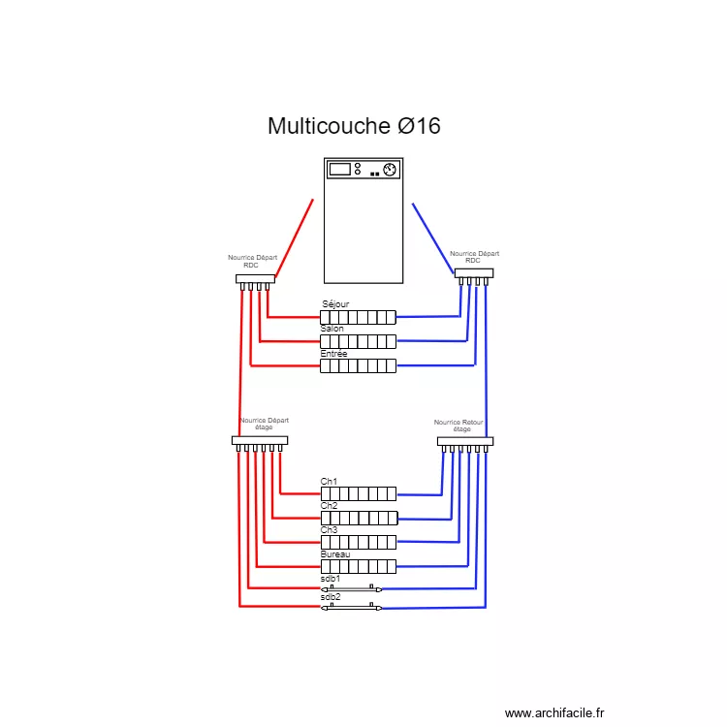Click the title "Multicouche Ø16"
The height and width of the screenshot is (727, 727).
point(354,126)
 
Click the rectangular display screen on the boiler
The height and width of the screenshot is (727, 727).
point(339,169)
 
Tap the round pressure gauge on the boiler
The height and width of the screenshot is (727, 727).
point(390,170)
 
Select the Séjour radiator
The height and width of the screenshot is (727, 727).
point(358,317)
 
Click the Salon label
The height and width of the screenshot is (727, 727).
point(332,329)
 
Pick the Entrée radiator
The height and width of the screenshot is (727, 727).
point(358,366)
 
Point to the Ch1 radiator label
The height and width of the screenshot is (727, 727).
point(329,482)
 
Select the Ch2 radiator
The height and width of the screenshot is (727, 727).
point(358,518)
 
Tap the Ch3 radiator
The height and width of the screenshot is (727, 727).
point(358,542)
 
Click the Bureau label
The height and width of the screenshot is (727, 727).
point(334,554)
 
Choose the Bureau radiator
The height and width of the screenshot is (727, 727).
point(358,566)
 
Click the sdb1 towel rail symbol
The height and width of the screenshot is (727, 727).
point(351,588)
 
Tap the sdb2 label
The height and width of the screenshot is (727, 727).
point(331,597)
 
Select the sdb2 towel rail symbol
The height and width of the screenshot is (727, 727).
point(351,608)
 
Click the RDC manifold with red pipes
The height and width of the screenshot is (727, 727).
point(255,279)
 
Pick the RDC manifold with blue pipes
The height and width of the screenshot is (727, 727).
point(474,273)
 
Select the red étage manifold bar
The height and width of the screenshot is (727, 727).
point(260,440)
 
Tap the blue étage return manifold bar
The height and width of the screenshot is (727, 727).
point(465,441)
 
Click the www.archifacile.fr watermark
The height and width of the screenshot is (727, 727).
point(554,713)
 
